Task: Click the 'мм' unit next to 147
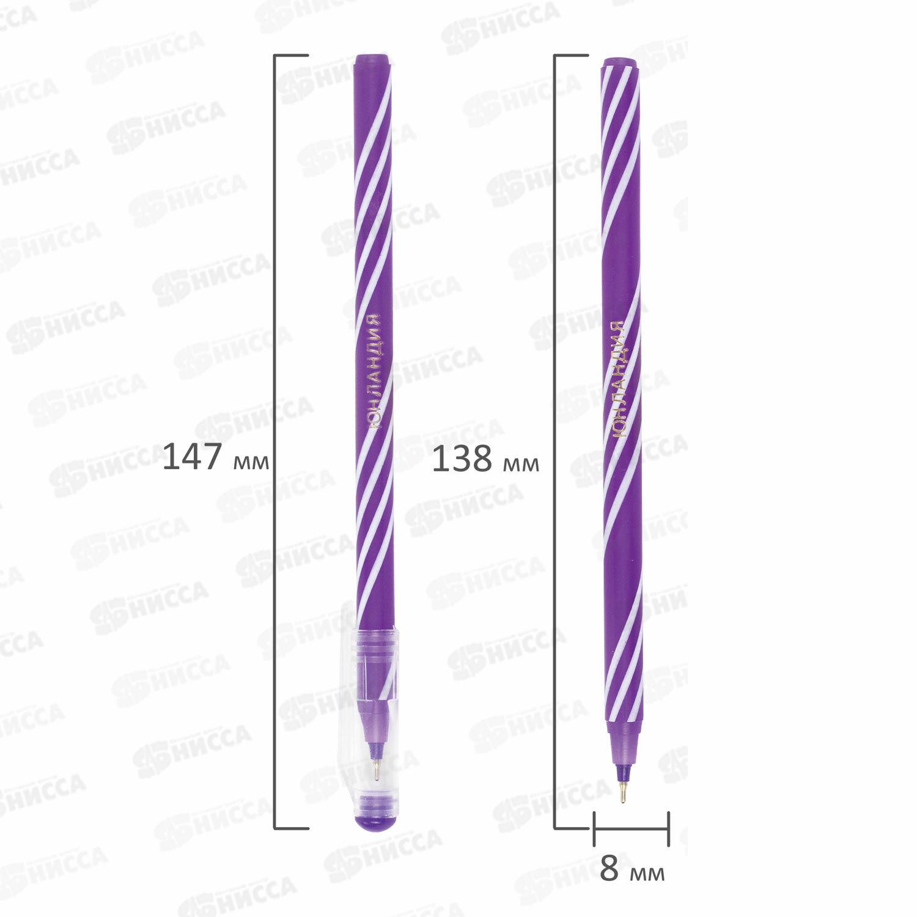(251, 462)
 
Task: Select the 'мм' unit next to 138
(521, 463)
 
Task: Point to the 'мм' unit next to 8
(647, 873)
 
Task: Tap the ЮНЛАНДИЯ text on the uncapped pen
(619, 380)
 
